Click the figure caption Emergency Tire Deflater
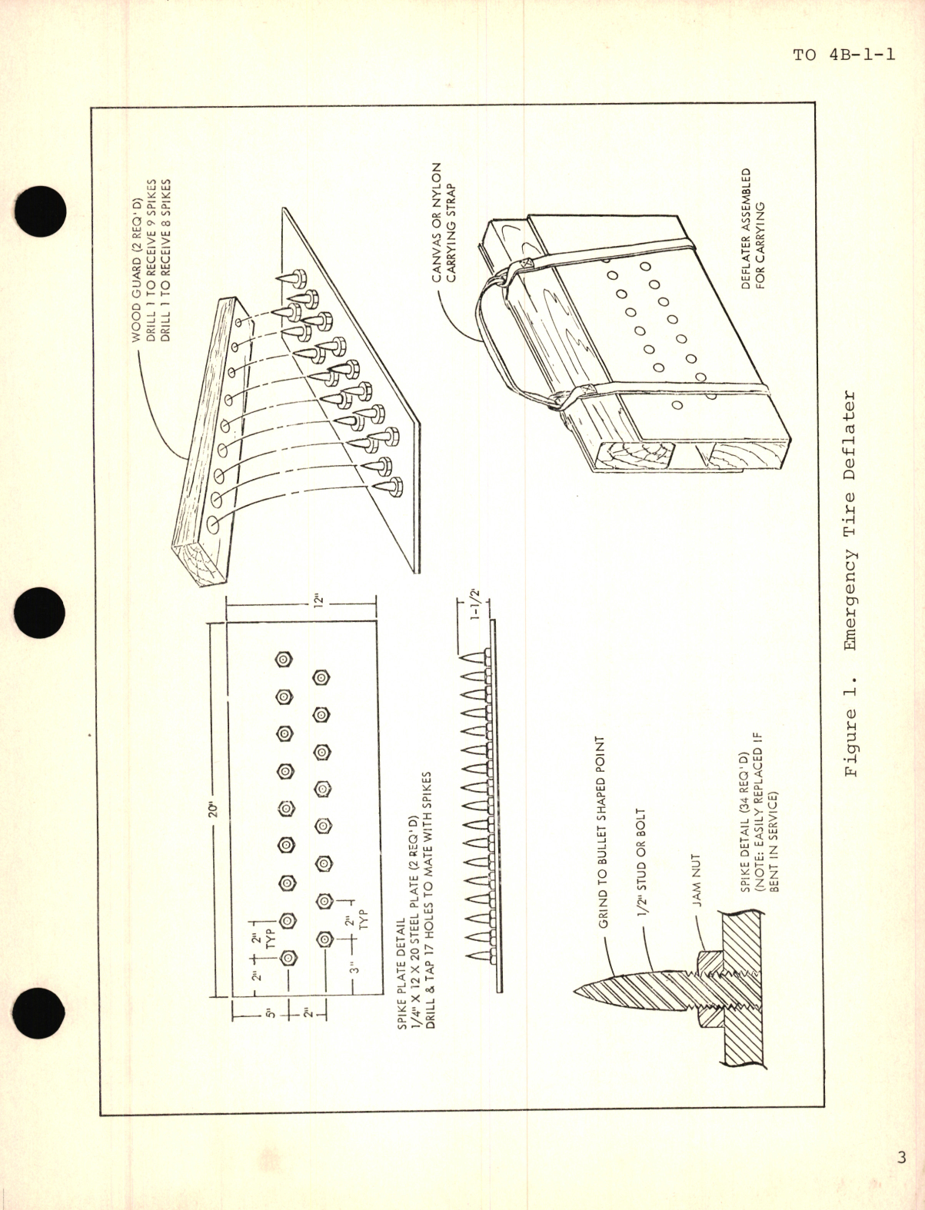852,585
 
